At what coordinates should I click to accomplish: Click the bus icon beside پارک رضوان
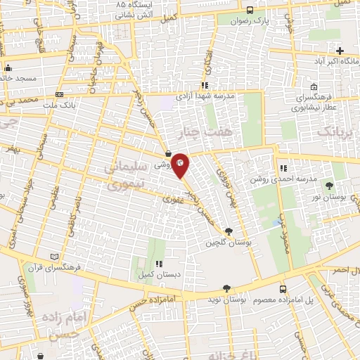point(251,11)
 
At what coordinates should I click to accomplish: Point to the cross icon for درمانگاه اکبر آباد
point(340,51)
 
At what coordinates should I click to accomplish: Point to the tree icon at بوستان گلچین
point(228,231)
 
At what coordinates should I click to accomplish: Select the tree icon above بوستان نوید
point(226,288)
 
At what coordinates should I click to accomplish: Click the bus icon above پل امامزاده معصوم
point(283,288)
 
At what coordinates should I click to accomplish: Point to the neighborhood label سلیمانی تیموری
point(125,178)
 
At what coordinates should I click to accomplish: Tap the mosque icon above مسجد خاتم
point(8,68)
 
